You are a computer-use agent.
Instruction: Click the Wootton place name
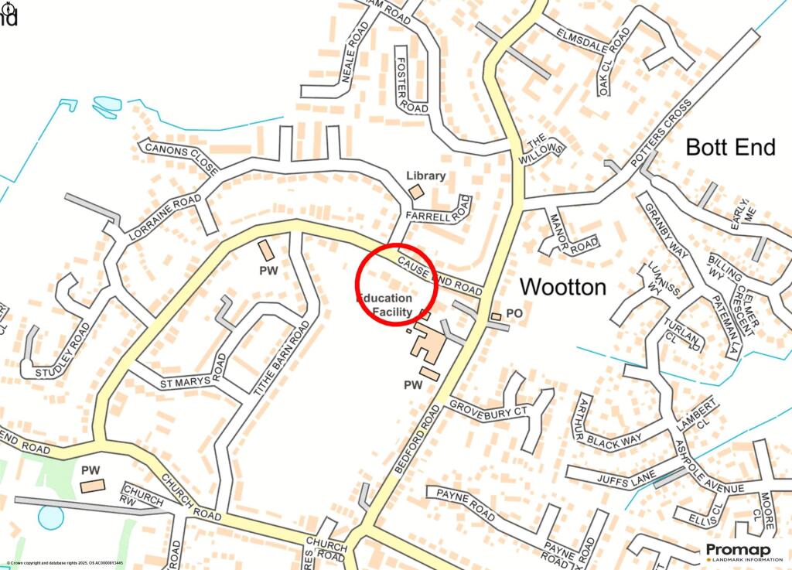pos(563,287)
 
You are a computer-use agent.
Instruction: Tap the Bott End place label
pos(731,147)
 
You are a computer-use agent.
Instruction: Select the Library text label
pos(426,176)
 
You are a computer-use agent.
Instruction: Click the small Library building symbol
pos(416,191)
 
